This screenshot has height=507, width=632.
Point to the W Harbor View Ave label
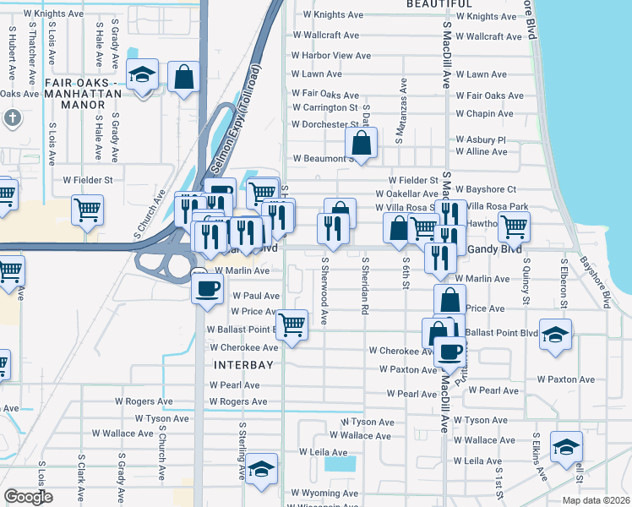coord(330,56)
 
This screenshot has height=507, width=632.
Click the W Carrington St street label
coord(324,108)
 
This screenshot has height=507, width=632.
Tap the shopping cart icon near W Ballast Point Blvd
coord(291,323)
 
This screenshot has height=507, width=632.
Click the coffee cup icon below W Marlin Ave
coord(206,288)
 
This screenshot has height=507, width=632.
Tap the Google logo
coord(28,497)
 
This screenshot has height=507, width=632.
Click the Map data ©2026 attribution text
coord(596,500)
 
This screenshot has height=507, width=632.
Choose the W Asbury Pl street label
coord(480,139)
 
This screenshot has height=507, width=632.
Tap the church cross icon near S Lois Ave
coord(13,118)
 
